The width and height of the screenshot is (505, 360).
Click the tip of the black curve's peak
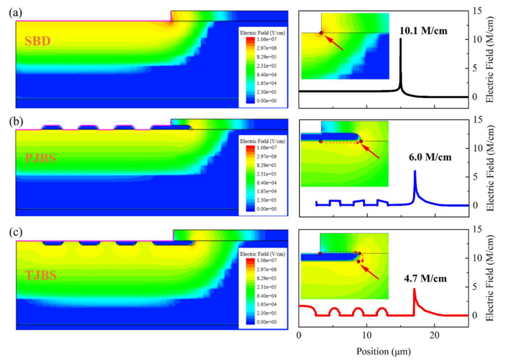coord(401,39)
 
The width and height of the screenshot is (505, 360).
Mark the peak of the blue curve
coord(414,171)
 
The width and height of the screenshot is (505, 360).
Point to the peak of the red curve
coord(414,289)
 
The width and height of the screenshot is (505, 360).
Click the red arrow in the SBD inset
coord(334,42)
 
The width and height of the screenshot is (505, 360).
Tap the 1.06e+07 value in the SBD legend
coord(267,40)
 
